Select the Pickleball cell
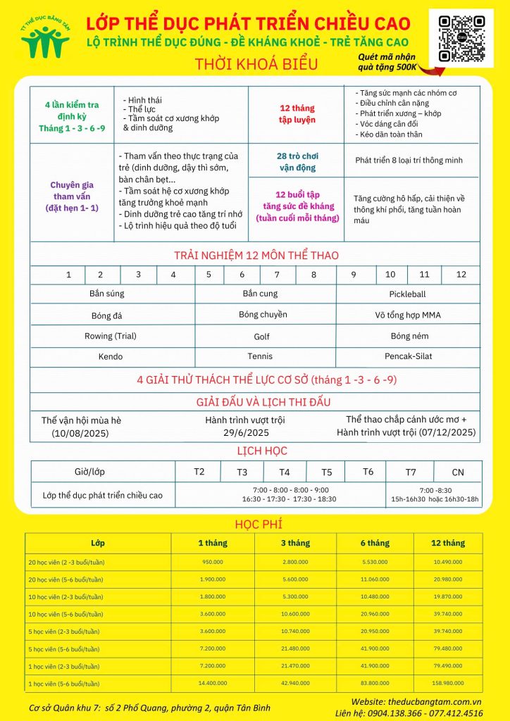[407, 294]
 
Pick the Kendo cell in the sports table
[111, 357]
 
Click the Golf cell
[261, 337]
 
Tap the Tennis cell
[260, 356]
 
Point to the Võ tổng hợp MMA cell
[408, 315]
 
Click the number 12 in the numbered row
[461, 275]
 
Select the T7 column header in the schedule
[411, 472]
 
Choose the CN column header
[458, 472]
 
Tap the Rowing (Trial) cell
[111, 336]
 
